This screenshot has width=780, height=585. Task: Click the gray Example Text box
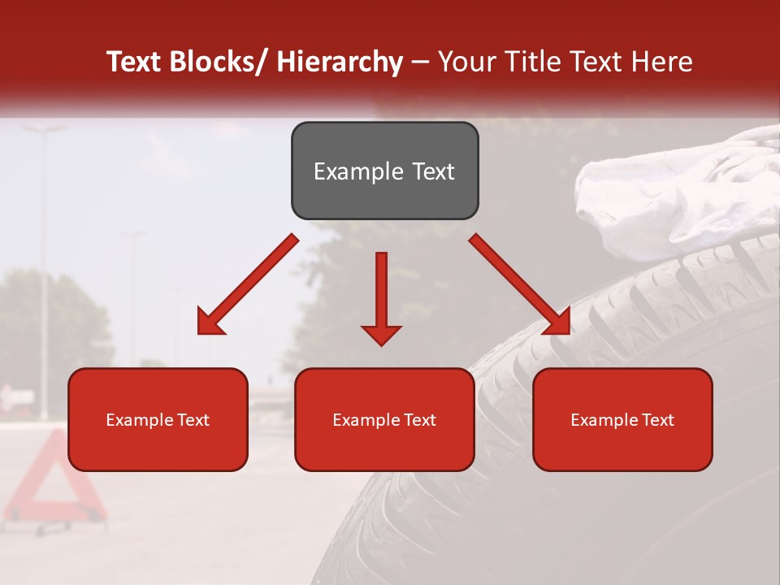coord(384,171)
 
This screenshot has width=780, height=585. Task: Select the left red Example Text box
coord(158,419)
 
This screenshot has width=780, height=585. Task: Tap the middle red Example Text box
coord(384,419)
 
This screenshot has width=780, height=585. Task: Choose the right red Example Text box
coord(622,419)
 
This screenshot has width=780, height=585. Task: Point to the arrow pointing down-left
coord(248,284)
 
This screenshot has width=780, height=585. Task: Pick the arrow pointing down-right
coord(520,284)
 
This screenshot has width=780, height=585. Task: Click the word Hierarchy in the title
coord(339,62)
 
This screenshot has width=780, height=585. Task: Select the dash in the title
coord(420,62)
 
